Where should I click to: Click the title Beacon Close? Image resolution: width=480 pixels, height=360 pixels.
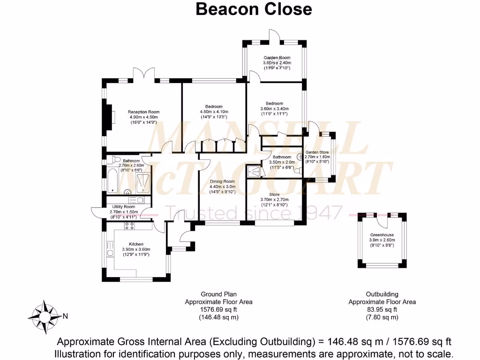253,9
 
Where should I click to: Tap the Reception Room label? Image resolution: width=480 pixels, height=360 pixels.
144,112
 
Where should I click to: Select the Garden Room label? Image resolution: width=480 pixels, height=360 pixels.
277,58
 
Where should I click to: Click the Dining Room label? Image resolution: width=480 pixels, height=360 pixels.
222,181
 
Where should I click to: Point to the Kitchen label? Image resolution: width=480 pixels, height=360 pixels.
136,244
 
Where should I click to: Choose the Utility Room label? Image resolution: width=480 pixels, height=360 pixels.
123,207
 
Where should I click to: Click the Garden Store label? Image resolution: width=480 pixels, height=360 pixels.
317,152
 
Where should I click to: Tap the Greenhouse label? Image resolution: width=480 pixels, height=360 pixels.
382,235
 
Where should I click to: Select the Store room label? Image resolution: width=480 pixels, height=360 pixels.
274,194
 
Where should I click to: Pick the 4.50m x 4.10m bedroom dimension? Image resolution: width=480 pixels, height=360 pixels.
214,112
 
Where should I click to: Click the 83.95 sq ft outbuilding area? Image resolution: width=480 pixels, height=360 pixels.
382,309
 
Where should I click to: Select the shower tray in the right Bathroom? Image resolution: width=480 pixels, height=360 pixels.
255,171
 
